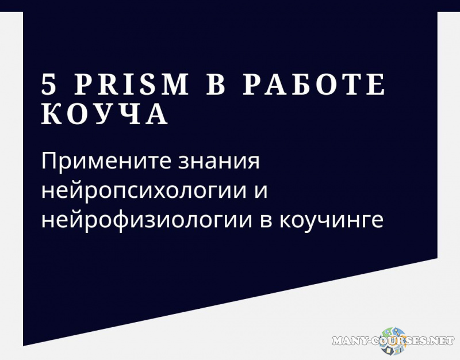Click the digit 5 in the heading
(49, 85)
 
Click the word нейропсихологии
(143, 191)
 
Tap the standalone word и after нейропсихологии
(262, 191)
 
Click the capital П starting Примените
(49, 162)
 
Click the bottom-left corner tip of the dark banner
(24, 345)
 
